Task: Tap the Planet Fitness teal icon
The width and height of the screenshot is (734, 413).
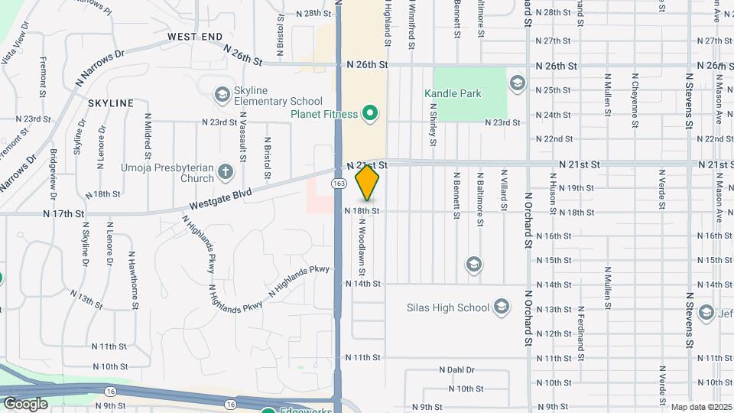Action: pos(371,115)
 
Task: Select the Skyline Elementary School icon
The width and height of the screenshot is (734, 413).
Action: pos(222,94)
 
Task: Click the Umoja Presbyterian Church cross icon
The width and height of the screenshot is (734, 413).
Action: pos(226,172)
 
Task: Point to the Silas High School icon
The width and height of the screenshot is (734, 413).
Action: pos(502,307)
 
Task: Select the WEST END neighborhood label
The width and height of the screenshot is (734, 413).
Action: pos(195,37)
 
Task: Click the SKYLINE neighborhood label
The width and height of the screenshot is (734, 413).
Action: pos(111,102)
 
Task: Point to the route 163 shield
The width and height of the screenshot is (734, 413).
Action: pos(337,184)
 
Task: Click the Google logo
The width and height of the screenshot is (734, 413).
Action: pos(26,403)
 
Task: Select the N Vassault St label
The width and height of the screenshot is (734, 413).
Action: pos(242,138)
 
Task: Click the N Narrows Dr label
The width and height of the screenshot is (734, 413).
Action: pos(99,68)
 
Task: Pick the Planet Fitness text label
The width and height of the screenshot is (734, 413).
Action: pos(324,115)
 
